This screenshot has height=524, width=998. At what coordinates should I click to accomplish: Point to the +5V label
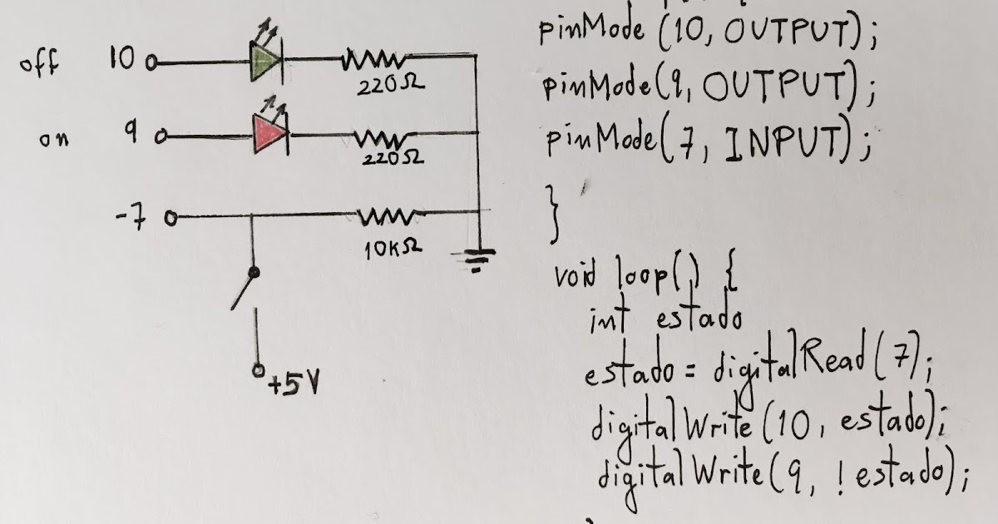(293, 386)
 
